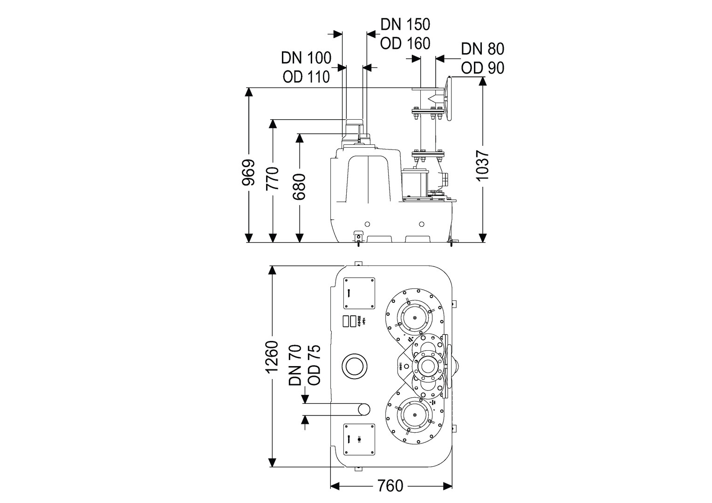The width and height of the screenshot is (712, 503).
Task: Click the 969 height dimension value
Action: coord(249,173)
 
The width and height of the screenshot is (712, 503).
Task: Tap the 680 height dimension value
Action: coord(299,187)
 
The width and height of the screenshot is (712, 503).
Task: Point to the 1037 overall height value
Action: coord(483,166)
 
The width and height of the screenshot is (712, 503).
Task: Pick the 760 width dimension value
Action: coord(390,486)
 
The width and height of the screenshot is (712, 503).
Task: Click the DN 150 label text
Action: coord(405,24)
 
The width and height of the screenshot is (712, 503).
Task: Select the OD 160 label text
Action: coord(405,43)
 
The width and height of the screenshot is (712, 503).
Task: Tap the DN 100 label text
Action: coord(306,58)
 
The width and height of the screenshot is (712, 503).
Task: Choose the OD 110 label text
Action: coord(306,76)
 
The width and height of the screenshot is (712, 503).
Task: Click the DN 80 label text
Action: coord(483,49)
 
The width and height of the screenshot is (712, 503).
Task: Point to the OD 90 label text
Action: coord(483,68)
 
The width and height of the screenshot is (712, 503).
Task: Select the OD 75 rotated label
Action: coord(315,365)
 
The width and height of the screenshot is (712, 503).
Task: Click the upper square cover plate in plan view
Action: coord(359,293)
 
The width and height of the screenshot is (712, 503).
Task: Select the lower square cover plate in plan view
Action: coord(359,440)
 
